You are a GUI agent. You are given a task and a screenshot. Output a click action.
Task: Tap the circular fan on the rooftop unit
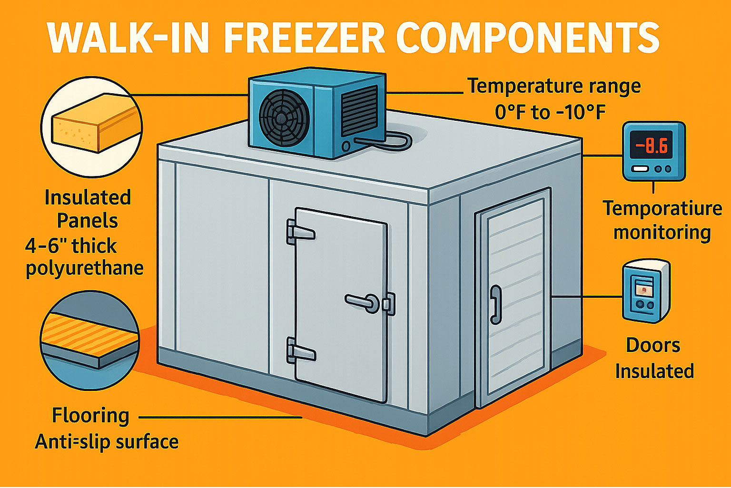point(284,117)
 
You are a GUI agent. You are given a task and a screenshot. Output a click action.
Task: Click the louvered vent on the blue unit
point(359,110)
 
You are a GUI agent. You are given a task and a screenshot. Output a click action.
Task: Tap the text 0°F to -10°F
point(550,113)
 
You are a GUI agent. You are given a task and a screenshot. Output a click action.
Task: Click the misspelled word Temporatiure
point(662,209)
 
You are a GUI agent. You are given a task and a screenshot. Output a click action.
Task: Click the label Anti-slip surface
point(107,442)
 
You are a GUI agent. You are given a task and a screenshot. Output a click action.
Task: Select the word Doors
point(653,345)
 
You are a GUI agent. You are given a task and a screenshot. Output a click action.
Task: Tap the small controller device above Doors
point(646,291)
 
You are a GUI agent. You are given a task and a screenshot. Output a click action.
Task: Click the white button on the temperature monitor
point(640,169)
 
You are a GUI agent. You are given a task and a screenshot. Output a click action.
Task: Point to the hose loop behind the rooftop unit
point(392,140)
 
